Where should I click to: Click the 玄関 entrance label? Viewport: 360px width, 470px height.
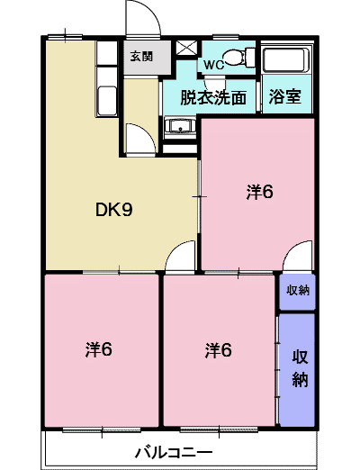click(141, 56)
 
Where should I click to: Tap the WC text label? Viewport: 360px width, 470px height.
click(213, 65)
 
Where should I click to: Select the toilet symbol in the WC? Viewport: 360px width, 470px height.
click(236, 59)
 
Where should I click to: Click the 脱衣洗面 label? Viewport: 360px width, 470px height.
click(212, 98)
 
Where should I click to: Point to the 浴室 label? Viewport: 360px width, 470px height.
click(285, 98)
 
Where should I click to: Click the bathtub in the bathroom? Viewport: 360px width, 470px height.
click(284, 60)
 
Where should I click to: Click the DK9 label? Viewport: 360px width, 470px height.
click(114, 211)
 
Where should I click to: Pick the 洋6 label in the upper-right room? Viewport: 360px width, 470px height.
click(259, 191)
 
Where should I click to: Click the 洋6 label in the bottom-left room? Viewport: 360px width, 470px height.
click(99, 348)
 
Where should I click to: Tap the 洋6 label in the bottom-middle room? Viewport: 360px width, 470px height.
click(218, 348)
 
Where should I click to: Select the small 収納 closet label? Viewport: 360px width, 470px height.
click(296, 290)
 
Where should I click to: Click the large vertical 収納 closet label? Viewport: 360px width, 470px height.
click(298, 367)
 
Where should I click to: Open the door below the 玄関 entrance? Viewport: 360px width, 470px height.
click(137, 139)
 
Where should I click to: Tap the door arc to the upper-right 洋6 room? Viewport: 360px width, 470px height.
click(299, 256)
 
